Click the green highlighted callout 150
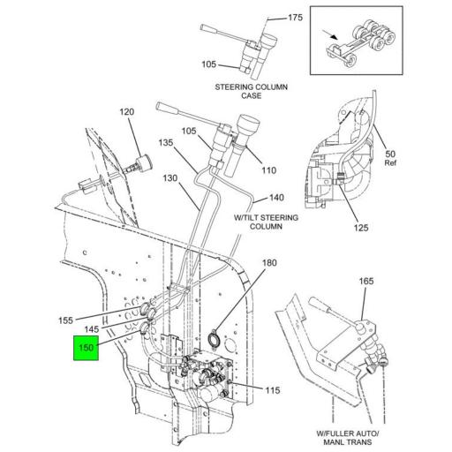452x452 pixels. tap(86, 348)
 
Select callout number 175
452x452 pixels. tap(296, 17)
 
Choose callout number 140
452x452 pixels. tap(276, 198)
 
